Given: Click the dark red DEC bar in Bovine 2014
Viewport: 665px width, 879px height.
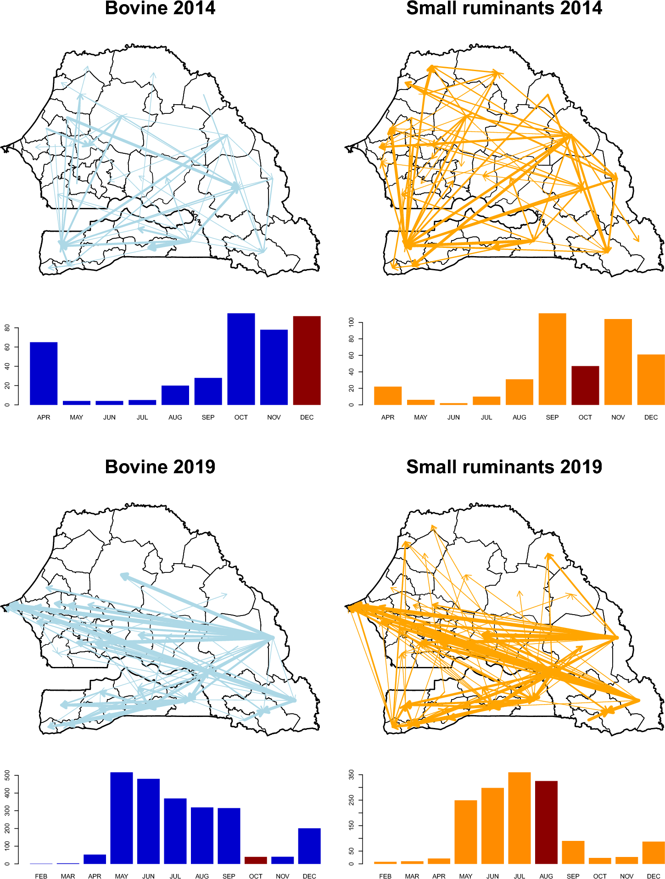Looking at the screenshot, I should (307, 360).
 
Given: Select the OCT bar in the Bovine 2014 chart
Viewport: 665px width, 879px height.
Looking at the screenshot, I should (241, 359).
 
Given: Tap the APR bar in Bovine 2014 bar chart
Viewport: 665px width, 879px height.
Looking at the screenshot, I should (44, 373).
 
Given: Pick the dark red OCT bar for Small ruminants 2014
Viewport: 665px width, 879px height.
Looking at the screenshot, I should (585, 385).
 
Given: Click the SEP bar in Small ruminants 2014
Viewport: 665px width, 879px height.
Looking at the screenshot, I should (552, 359).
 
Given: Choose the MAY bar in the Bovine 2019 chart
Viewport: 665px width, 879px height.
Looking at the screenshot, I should (122, 818).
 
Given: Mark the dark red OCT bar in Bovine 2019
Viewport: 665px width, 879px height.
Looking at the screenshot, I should (256, 860).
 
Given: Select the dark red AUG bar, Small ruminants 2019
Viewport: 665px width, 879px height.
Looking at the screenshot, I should (546, 822).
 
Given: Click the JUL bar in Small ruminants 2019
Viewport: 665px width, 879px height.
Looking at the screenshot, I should (520, 818).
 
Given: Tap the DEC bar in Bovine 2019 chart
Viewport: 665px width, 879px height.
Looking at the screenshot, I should (309, 846).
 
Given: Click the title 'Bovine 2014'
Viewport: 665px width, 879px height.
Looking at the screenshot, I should (160, 8).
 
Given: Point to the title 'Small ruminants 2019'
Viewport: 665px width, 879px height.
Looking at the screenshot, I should (504, 467).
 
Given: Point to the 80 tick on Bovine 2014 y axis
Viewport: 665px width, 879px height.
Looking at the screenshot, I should (7, 328).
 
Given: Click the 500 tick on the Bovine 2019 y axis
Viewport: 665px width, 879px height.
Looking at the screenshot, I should (7, 776).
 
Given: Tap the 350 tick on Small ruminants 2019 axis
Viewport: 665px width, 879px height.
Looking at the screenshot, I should (352, 775).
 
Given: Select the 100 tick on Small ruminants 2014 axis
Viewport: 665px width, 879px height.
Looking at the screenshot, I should (352, 322).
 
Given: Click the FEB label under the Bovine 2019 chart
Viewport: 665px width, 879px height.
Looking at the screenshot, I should (41, 876).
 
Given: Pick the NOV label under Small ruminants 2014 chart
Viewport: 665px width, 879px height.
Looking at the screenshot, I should (618, 417).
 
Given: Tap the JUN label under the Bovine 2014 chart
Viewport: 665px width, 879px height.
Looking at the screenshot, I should (109, 417).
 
